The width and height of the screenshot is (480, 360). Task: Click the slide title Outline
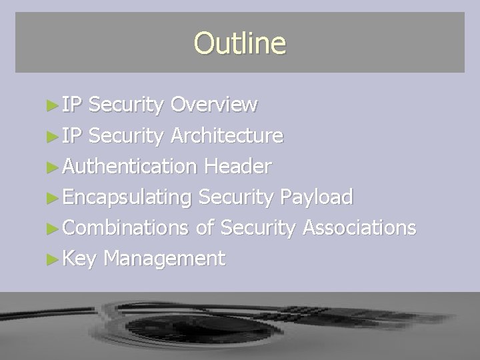[x=239, y=43]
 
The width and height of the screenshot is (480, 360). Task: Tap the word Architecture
[x=227, y=135]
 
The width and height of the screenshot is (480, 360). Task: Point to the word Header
[x=239, y=166]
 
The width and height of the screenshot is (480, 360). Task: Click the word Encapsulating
[x=127, y=197]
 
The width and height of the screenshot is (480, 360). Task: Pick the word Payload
[x=317, y=197]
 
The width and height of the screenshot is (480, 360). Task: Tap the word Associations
[x=359, y=227]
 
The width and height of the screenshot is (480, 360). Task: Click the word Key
[x=79, y=258]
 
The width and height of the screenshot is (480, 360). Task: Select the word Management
[x=164, y=258]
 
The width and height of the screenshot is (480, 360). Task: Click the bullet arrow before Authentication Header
[x=55, y=167]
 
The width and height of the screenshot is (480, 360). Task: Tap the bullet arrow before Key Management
[x=55, y=259]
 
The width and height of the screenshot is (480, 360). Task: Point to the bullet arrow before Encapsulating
[x=55, y=198]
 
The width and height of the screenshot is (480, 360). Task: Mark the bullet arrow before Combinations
[x=55, y=228]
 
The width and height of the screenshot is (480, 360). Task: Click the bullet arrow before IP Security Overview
[x=55, y=105]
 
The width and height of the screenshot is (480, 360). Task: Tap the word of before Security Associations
[x=205, y=227]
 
